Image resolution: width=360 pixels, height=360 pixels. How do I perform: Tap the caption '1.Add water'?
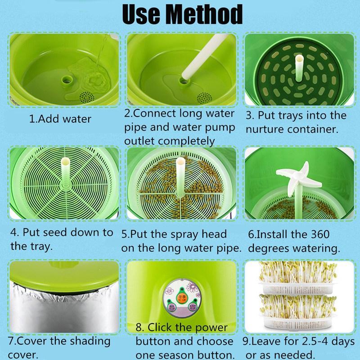pyautogui.click(x=60, y=119)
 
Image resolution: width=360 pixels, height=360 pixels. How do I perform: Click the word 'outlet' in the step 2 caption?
pyautogui.click(x=142, y=141)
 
